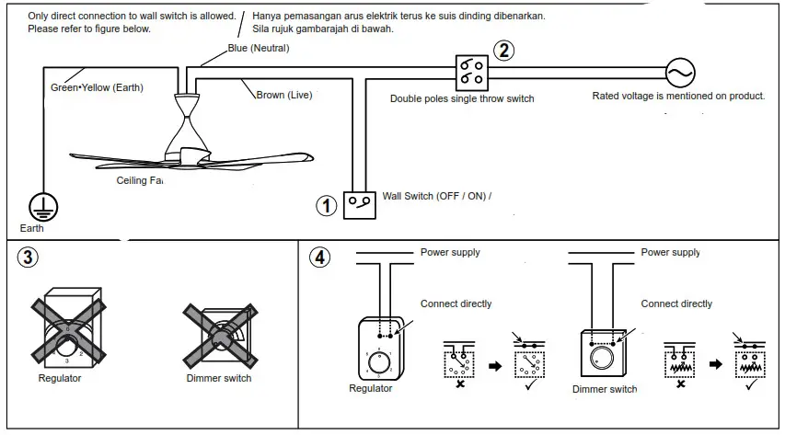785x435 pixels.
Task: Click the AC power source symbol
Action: (680, 74)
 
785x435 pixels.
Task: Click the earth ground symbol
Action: (41, 205)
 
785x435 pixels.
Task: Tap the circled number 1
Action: (326, 206)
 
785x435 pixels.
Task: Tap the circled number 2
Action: (503, 52)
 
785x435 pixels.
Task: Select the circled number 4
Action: (318, 258)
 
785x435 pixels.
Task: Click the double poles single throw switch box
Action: (471, 69)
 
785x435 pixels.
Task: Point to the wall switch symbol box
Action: (359, 204)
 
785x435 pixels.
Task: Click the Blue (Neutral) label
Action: (259, 48)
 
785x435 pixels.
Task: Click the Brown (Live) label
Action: (283, 95)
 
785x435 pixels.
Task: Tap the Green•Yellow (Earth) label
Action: (97, 87)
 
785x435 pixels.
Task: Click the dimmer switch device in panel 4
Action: (604, 353)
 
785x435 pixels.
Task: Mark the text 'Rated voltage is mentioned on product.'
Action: (677, 96)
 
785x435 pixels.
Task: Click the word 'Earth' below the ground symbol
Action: (31, 228)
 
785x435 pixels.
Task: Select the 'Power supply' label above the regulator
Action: (450, 252)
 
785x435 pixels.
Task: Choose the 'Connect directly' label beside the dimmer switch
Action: (676, 303)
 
